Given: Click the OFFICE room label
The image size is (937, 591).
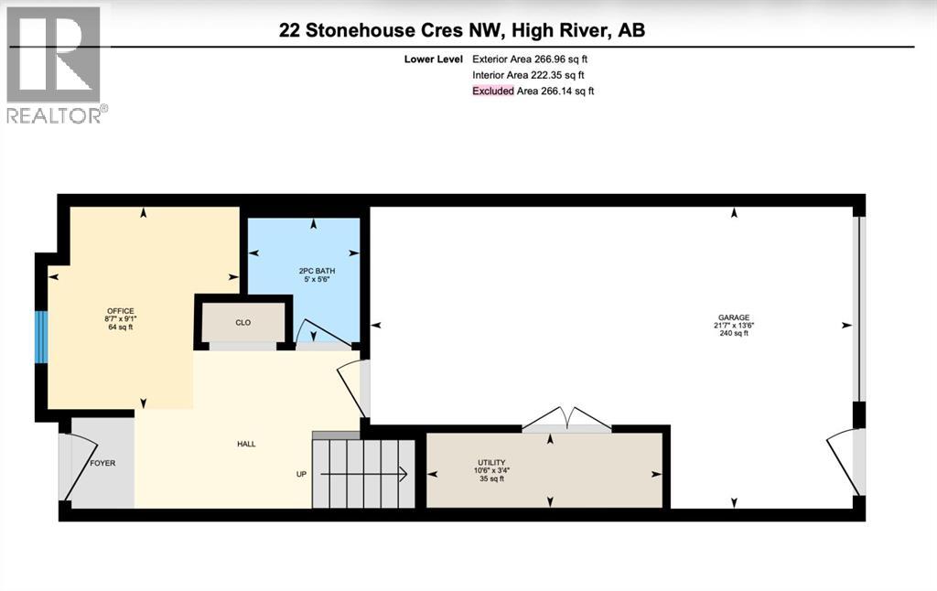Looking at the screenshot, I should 120,311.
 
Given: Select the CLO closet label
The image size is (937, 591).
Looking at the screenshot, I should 242,323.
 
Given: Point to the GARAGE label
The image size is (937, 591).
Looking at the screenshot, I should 734,317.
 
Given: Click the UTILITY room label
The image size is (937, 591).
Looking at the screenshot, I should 491,463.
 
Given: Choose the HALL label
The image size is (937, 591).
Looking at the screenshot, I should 246,444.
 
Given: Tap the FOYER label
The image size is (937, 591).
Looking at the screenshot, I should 102,463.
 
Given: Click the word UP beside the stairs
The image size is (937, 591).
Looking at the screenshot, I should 300,474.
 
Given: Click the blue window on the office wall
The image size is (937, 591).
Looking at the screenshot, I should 40,337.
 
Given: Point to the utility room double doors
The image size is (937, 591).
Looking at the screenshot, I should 567,419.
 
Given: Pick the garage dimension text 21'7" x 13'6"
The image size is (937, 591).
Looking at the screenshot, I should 734,326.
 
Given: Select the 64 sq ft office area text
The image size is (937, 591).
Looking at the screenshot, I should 120,328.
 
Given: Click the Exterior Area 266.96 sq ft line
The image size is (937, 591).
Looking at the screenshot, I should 528,59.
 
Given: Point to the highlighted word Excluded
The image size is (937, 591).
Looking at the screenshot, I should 492,91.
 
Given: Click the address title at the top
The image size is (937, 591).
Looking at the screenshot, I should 462,30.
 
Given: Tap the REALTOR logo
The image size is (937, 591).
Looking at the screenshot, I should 56,64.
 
